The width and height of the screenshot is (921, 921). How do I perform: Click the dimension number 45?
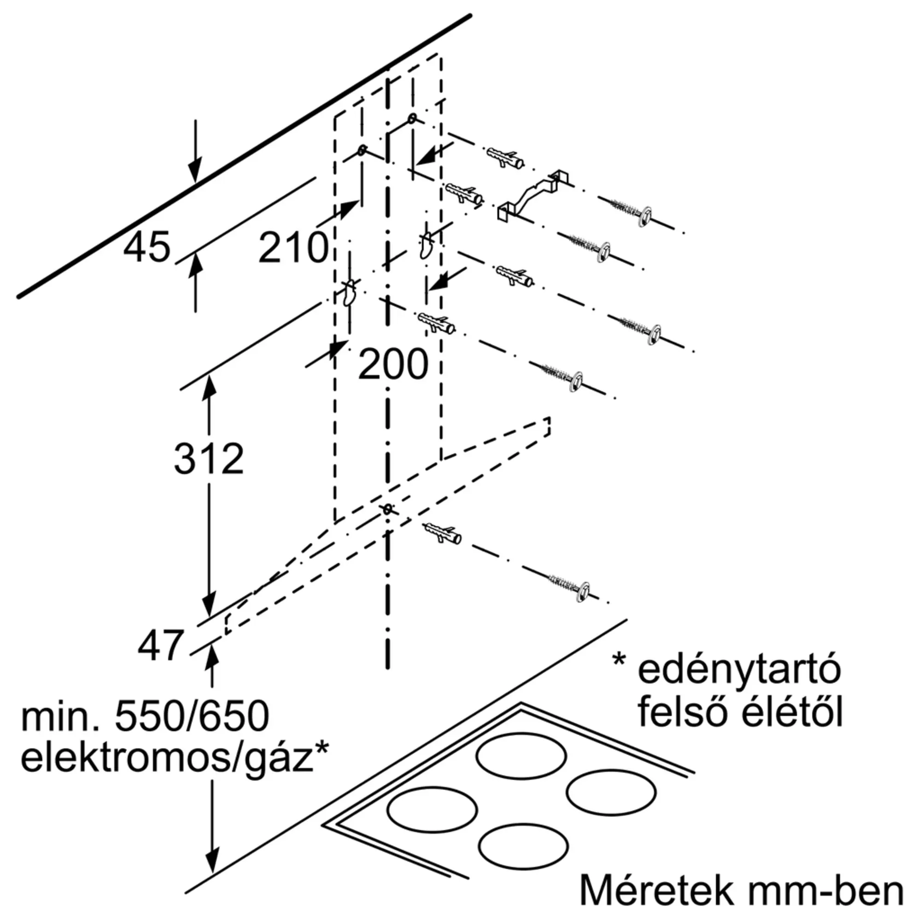coord(146,247)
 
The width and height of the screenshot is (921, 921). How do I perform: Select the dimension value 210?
coord(294,248)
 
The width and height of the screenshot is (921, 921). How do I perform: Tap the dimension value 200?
coord(393,365)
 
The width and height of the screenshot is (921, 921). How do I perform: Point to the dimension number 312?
coord(209,459)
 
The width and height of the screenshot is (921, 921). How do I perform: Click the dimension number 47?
coord(161,646)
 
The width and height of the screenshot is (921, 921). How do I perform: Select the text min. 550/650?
coord(145,730)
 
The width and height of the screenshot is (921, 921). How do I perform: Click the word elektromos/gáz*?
coord(175,773)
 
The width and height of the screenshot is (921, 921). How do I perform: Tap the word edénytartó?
coord(740,670)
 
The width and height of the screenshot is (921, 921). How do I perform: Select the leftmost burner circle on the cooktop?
coord(432,810)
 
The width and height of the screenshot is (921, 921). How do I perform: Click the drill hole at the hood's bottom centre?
coord(388,509)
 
